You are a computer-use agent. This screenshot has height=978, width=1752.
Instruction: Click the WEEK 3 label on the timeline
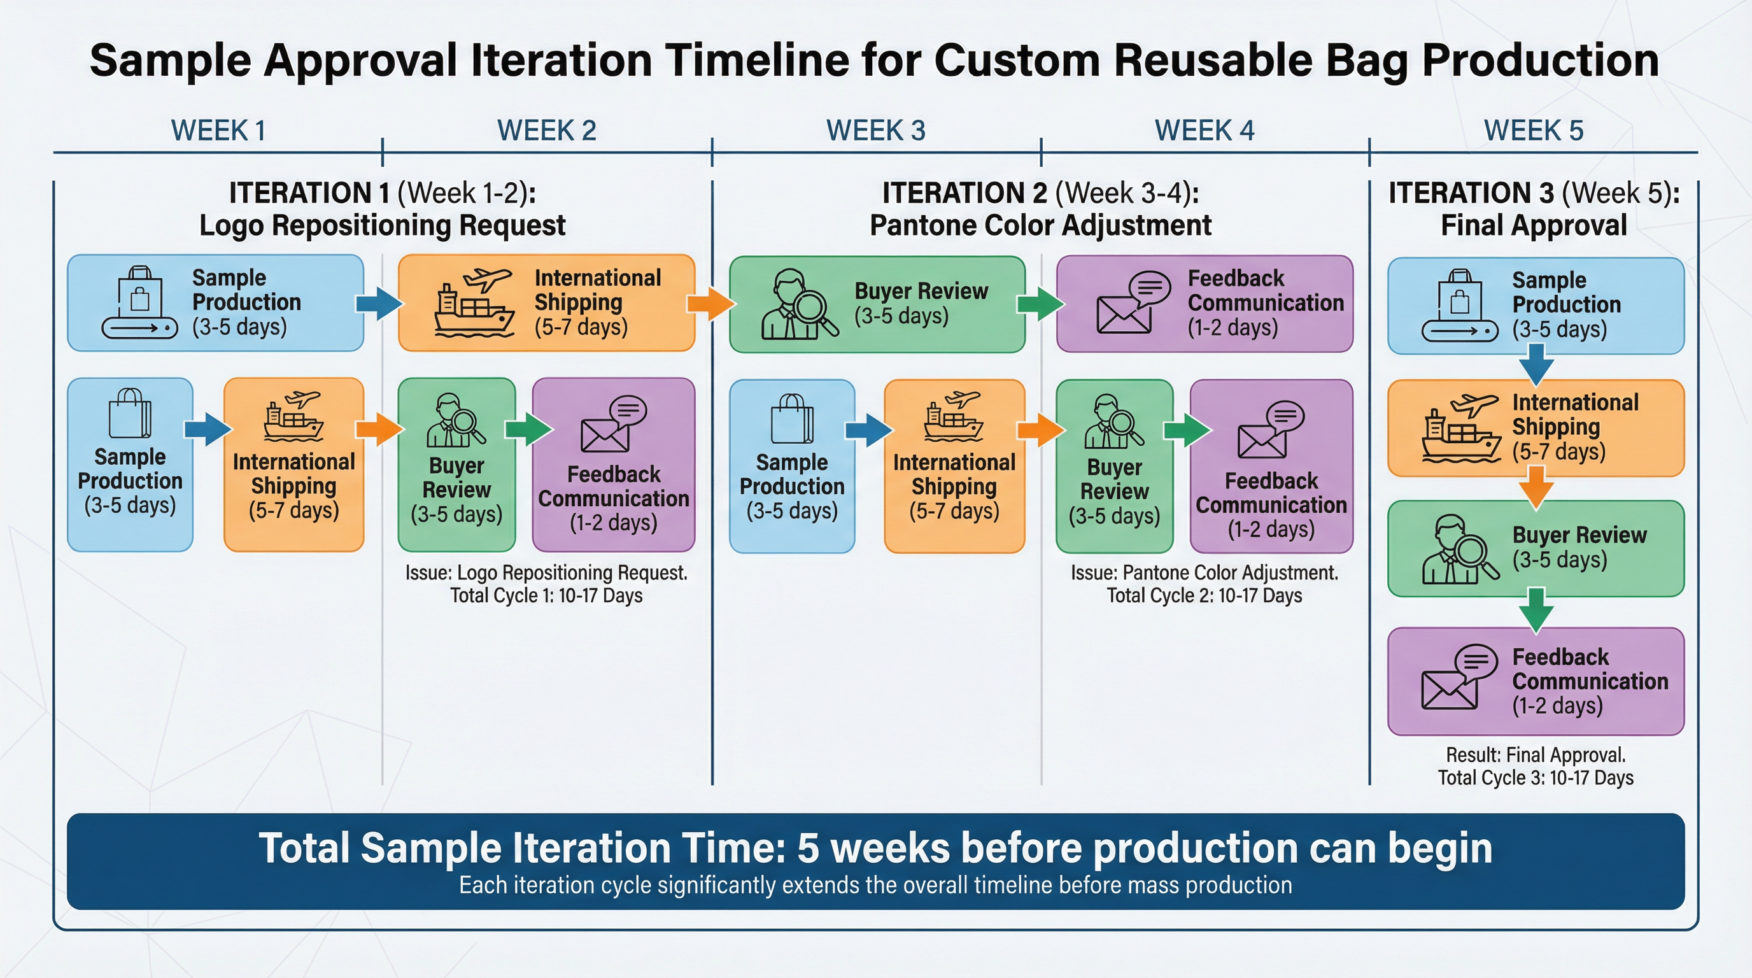click(875, 130)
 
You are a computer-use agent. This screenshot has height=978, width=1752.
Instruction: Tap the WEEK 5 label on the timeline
click(1533, 130)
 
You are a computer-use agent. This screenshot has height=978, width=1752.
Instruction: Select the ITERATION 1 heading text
click(309, 193)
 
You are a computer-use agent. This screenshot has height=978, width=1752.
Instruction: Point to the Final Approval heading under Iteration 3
click(1533, 225)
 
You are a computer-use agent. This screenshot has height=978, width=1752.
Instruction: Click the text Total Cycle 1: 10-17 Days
click(546, 596)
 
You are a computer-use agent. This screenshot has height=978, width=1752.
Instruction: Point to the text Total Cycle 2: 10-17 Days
click(1204, 596)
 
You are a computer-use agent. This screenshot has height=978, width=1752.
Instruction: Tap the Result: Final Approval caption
click(1535, 755)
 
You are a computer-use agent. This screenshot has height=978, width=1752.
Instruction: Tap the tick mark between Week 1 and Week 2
click(383, 152)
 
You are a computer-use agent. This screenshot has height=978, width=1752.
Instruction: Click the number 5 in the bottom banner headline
click(807, 848)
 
